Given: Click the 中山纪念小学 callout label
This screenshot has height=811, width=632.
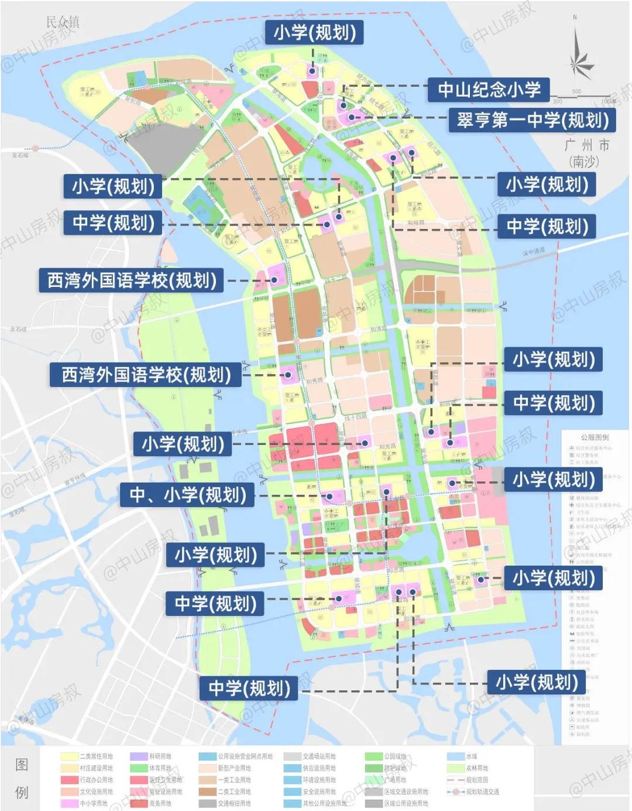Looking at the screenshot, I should [489, 90].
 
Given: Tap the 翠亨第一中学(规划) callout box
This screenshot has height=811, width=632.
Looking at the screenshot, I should [533, 120].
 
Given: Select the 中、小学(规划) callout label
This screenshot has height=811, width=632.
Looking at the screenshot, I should [187, 495].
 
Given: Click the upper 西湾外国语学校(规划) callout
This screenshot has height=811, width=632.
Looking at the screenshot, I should [132, 280].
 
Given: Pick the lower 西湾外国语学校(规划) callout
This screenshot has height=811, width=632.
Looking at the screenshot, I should [146, 375].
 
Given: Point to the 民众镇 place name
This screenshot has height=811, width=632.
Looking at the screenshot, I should [63, 22].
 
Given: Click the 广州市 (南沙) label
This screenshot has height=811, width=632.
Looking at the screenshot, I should [586, 152].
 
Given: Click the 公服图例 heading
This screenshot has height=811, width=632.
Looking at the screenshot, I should [594, 437].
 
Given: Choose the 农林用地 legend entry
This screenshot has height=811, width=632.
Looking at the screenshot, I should [476, 768].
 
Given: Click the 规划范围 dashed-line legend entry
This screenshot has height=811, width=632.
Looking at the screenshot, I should [476, 780].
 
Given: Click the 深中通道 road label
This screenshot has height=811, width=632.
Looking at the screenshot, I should [533, 251].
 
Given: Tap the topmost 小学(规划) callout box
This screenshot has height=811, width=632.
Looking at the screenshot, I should [314, 32].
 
